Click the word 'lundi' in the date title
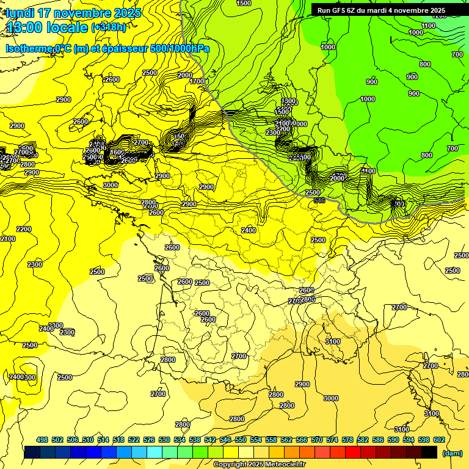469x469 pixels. (21, 12)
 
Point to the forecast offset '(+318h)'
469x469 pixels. (109, 27)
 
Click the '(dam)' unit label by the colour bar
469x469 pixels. (452, 453)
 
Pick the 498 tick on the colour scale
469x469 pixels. (42, 440)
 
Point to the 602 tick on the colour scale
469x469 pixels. (438, 440)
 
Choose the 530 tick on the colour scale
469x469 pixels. (164, 440)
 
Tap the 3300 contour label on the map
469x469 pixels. (56, 325)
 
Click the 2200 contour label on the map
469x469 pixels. (24, 229)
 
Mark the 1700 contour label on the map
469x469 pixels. (197, 81)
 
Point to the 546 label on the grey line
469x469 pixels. (318, 200)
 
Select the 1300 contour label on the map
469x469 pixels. (289, 101)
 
